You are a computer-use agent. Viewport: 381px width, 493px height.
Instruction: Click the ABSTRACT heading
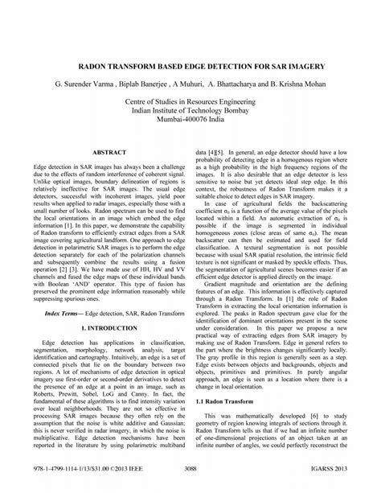click(109, 151)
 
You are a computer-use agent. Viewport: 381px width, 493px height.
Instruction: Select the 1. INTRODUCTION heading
click(109, 306)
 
